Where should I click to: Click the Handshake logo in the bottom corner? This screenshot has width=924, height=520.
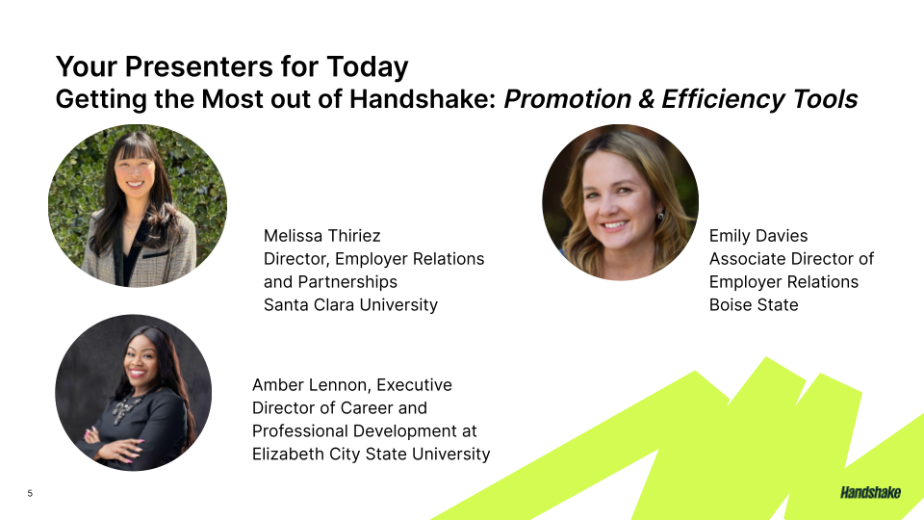tap(870, 493)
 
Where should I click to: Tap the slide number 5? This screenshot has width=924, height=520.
tap(30, 494)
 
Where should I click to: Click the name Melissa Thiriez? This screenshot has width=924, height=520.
tap(321, 236)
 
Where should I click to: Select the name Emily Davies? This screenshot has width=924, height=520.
tap(758, 236)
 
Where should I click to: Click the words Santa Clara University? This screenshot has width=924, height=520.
tap(350, 305)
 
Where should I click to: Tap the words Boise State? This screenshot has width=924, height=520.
tap(754, 305)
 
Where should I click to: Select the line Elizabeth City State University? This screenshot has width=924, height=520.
tap(371, 455)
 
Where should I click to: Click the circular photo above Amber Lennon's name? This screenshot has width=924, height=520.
tap(133, 392)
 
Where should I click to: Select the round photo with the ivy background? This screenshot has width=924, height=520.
tap(138, 206)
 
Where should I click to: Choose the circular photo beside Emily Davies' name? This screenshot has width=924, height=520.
tap(620, 202)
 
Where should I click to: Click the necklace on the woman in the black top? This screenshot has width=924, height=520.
tap(123, 410)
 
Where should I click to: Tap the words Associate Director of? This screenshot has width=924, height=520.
tap(791, 259)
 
